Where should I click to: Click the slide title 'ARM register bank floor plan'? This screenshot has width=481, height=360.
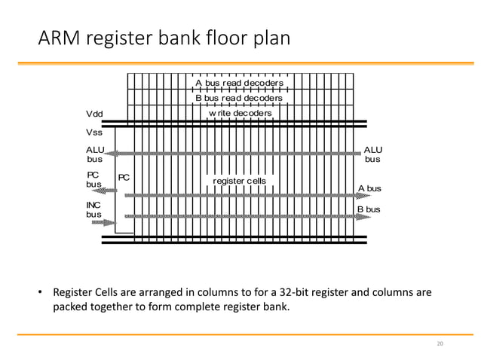point(164,37)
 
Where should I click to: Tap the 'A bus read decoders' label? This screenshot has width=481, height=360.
point(239,84)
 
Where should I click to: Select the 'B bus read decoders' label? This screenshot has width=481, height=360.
point(239,98)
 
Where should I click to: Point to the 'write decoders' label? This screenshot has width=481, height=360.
point(240,113)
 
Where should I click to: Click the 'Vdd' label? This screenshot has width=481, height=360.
point(94,114)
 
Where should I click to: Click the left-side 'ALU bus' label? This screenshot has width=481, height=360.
point(95,154)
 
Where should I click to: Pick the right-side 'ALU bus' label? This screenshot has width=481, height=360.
point(373,154)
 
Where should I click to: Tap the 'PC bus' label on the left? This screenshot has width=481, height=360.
point(93,179)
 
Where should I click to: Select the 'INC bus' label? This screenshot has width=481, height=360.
point(94,209)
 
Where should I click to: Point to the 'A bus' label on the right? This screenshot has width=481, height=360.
point(369,188)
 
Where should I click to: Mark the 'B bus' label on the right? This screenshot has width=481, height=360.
point(369,209)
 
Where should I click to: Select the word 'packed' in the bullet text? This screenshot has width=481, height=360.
point(69,307)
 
